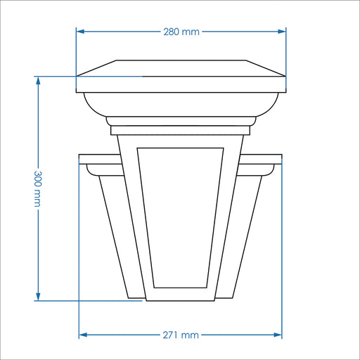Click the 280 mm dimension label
click(181, 32)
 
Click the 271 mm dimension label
click(181, 335)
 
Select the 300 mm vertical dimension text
click(38, 188)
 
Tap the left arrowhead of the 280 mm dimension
click(80, 32)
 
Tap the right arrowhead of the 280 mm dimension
click(282, 32)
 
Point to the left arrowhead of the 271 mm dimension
click(84, 335)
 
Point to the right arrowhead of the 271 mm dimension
click(278, 335)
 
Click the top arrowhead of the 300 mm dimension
click(38, 80)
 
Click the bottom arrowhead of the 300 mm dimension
click(38, 297)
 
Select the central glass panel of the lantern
click(180, 217)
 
